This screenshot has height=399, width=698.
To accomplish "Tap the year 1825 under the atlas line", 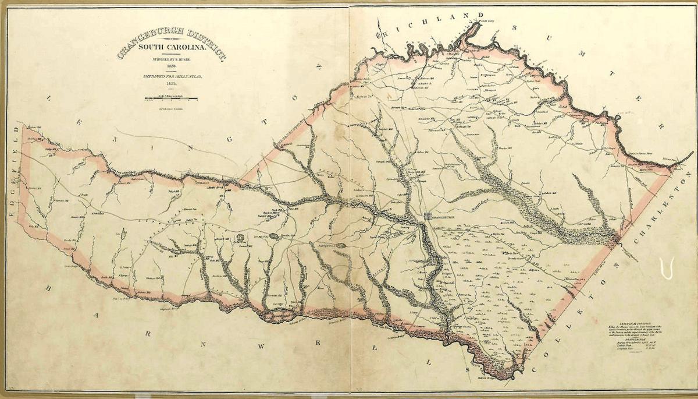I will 158,84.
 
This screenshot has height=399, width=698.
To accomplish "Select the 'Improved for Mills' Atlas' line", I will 158,77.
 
